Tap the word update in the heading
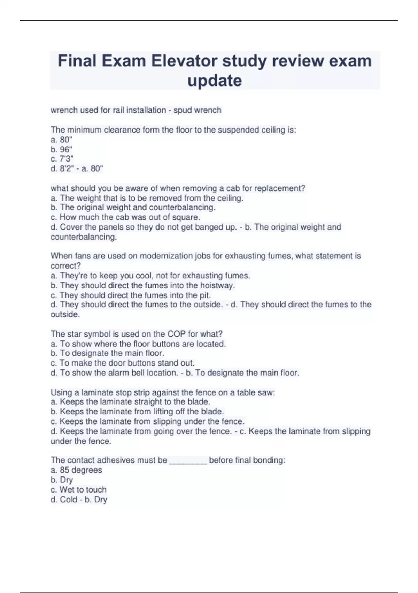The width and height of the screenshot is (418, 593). pos(215,81)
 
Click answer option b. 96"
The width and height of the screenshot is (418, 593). pos(61,149)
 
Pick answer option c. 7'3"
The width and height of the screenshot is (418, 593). pos(62,159)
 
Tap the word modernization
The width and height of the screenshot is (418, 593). pos(167,256)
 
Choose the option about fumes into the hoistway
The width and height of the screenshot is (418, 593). pos(143,285)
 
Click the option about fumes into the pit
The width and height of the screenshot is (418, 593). pos(131,295)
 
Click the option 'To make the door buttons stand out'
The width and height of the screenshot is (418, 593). pos(123,363)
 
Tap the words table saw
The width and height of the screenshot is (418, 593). pos(256,392)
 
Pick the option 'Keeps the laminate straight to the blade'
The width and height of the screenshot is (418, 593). pos(131,401)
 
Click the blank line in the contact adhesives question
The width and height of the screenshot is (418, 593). pos(188,460)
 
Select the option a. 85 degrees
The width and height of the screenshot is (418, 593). pos(76,470)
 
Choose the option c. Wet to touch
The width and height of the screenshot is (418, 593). pos(78,489)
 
